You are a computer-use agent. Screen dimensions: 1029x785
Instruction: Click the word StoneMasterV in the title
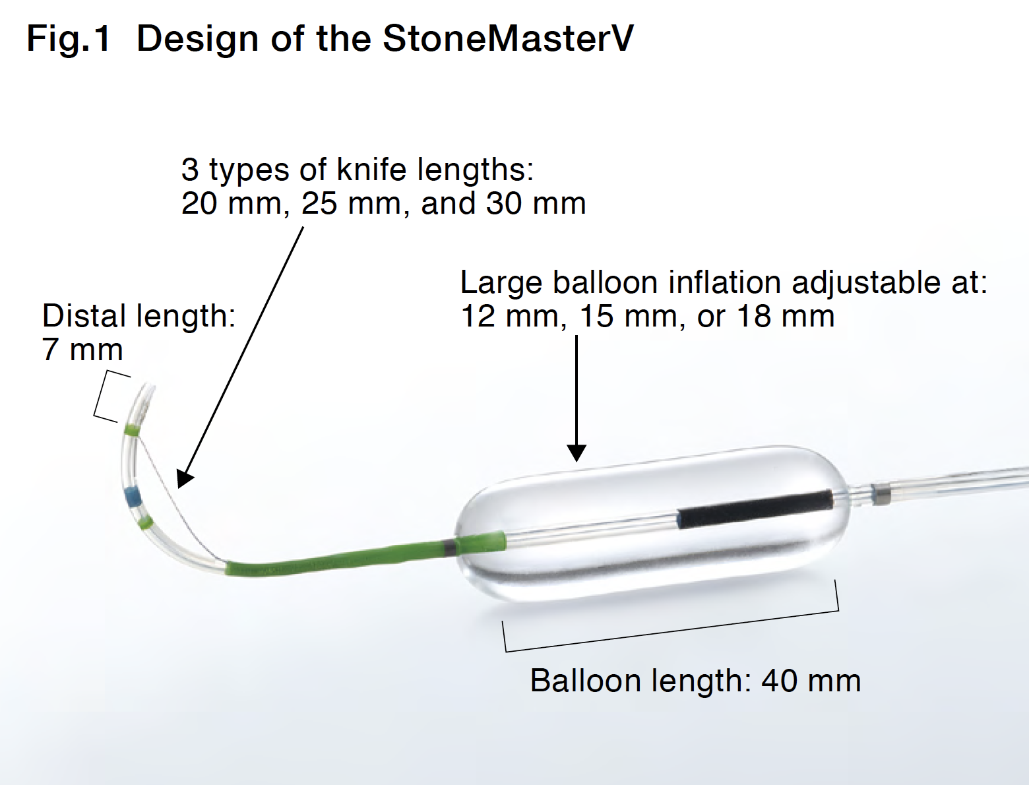tap(508, 38)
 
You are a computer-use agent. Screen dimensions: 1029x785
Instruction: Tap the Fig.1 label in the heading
tap(69, 38)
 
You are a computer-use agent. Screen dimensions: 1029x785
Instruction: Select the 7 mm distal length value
tap(82, 350)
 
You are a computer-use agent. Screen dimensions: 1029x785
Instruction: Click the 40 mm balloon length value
tap(811, 681)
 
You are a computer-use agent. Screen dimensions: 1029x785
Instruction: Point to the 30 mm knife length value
tap(536, 203)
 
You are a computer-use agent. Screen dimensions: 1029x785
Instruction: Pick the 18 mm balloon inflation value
tap(786, 316)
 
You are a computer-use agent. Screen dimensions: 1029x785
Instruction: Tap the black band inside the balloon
tap(755, 509)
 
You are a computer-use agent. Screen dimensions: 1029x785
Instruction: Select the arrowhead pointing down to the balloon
tap(577, 453)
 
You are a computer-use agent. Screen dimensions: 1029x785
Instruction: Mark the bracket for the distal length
tap(106, 396)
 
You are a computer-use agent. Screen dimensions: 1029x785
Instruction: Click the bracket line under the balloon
tap(670, 631)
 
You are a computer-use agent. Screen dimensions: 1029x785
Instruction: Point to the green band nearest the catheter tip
tap(132, 430)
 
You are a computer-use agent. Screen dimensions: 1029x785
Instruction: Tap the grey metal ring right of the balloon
tap(880, 495)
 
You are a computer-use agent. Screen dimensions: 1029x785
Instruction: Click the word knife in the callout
tap(371, 169)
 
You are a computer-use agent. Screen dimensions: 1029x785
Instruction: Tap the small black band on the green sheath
tap(449, 548)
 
